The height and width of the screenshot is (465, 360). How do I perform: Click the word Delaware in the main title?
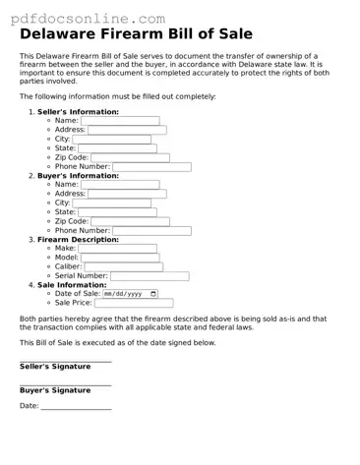coord(64,33)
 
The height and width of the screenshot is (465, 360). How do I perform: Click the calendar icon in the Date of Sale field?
coord(152,294)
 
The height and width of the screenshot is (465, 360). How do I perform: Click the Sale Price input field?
coord(134,304)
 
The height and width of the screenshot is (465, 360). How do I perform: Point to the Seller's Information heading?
coord(78,112)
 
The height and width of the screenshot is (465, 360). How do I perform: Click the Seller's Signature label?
coord(55,366)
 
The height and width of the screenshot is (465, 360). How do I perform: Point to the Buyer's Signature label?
coord(55,390)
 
